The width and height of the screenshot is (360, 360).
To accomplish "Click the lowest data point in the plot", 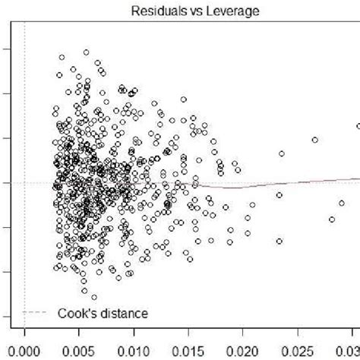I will pyautogui.click(x=94, y=297).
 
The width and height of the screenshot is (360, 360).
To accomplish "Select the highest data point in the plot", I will pyautogui.click(x=87, y=52).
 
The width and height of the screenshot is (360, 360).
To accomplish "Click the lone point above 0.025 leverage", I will pyautogui.click(x=314, y=140).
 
